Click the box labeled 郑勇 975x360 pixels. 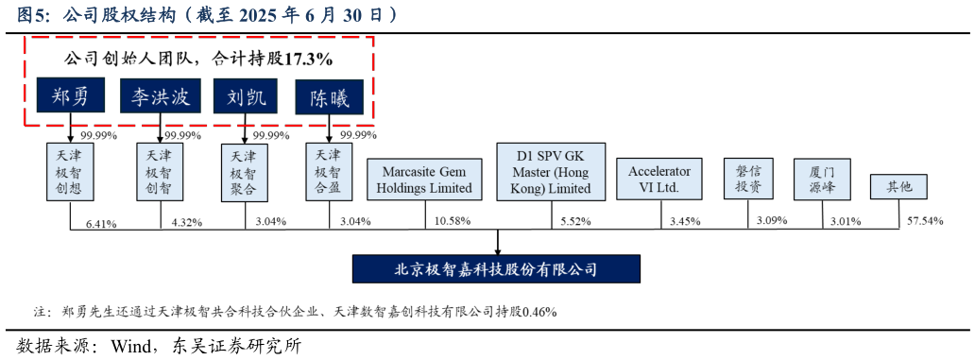tap(71, 96)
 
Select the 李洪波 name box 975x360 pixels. tap(160, 96)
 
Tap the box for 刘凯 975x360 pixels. tap(246, 96)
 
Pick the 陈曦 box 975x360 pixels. tap(330, 97)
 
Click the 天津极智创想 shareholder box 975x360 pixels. tap(69, 172)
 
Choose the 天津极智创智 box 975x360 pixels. tap(159, 172)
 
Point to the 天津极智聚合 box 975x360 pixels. tap(244, 173)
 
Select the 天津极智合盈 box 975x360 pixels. tap(329, 171)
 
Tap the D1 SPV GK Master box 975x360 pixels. tap(551, 172)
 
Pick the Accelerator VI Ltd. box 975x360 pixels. tap(659, 179)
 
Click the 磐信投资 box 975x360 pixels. tap(748, 179)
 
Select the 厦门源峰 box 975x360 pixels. tap(822, 180)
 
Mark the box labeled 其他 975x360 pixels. tap(898, 187)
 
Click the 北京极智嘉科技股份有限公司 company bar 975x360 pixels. tap(496, 269)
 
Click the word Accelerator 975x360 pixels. tap(659, 171)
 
